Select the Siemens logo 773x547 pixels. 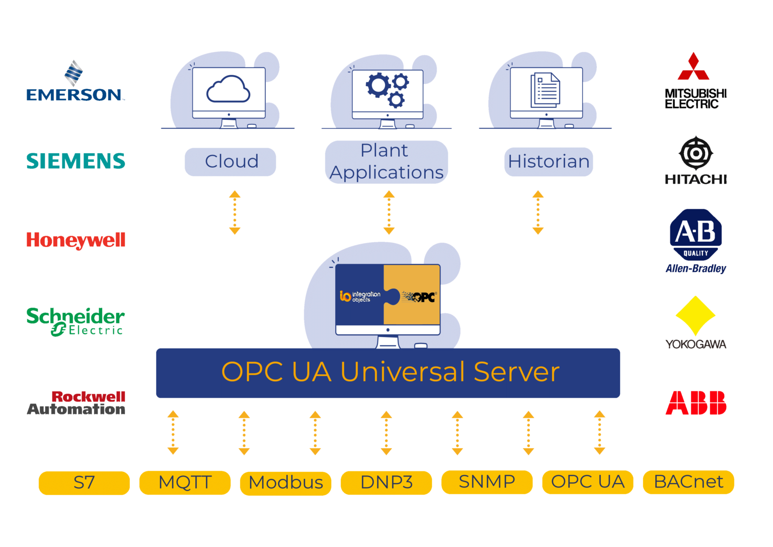point(75,161)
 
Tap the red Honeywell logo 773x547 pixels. point(75,240)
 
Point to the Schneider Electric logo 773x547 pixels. point(75,321)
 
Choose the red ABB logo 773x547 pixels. point(695,403)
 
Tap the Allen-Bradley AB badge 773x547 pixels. point(695,234)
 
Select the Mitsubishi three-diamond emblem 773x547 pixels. point(693,67)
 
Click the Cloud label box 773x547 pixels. point(230,162)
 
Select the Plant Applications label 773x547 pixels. point(386,162)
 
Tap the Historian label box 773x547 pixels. point(549,162)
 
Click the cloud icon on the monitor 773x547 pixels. point(228,90)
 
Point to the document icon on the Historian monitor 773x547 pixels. point(545,90)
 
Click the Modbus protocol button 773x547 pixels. point(285,483)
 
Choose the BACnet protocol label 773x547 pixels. point(688,482)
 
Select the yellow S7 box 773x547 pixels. point(84,483)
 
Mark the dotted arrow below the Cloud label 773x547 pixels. point(235,213)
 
